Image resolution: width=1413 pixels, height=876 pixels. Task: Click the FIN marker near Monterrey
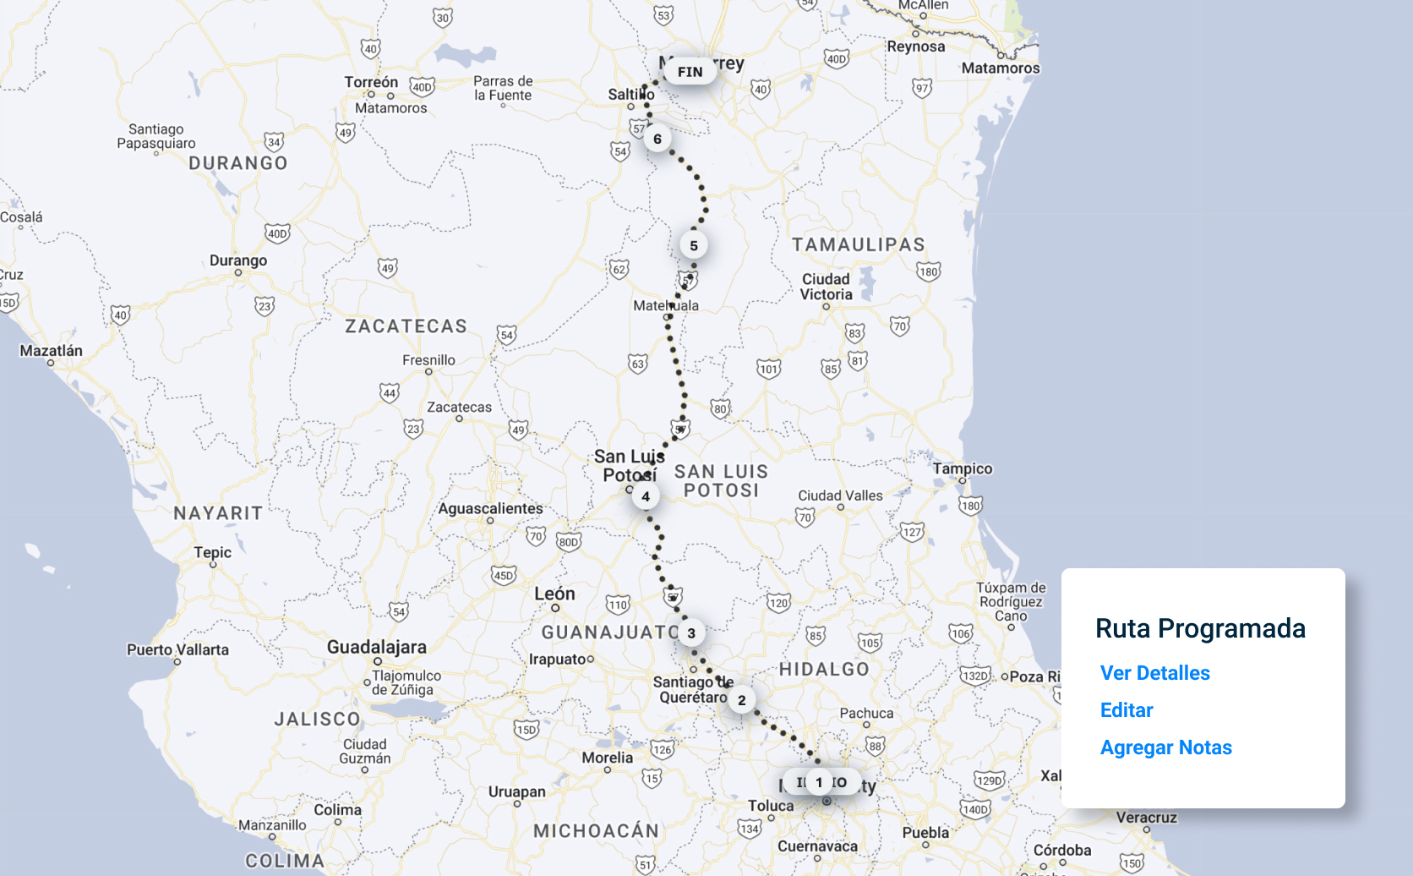[690, 72]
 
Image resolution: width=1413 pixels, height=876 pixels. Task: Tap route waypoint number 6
[657, 139]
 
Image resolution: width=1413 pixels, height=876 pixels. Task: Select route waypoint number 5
[694, 245]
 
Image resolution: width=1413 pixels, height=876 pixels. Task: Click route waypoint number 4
[646, 496]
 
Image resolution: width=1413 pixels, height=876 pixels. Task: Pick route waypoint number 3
[691, 632]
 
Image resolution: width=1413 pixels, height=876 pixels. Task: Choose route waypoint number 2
[742, 699]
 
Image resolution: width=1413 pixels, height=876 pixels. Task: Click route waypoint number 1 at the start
[819, 782]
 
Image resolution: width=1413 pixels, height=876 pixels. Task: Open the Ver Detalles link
[1154, 673]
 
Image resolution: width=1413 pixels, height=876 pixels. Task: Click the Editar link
[1127, 710]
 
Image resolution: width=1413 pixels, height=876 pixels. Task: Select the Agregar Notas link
[1165, 747]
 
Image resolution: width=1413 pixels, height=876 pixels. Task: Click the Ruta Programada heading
[1200, 628]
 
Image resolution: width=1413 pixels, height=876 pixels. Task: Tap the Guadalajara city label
[376, 647]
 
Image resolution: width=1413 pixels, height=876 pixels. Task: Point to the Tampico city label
[963, 468]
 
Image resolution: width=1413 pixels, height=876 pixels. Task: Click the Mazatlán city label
[52, 351]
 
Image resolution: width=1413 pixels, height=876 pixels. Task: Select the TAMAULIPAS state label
[858, 245]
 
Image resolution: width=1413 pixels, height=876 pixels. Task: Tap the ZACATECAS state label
[406, 326]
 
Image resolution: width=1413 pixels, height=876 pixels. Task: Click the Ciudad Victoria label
[826, 287]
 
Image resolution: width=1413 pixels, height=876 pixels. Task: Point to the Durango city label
[238, 260]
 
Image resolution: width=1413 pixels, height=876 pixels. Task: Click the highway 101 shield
[769, 369]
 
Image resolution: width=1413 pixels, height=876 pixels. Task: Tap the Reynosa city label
[915, 47]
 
